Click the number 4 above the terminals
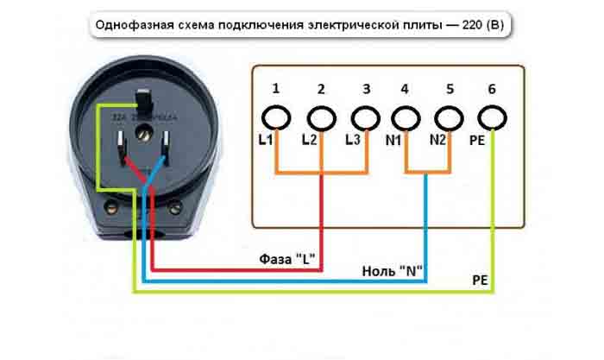coord(406,88)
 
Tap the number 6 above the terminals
coord(492,88)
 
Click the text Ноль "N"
coord(393,271)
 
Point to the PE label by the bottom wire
coord(481,281)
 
